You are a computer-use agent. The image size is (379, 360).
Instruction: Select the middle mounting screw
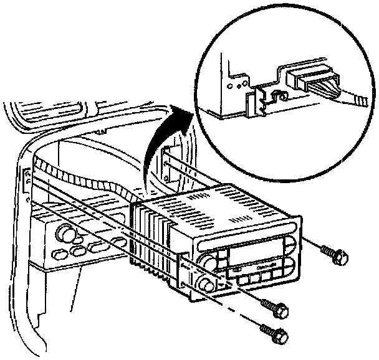click(275, 307)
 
